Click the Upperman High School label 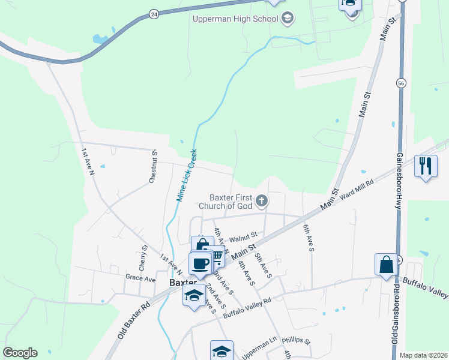[235, 19]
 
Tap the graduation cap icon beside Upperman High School [287, 18]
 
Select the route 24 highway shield [154, 14]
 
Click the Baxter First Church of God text [231, 201]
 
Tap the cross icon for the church [261, 200]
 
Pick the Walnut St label [243, 236]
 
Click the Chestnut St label [153, 167]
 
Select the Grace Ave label [140, 278]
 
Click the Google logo [20, 353]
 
